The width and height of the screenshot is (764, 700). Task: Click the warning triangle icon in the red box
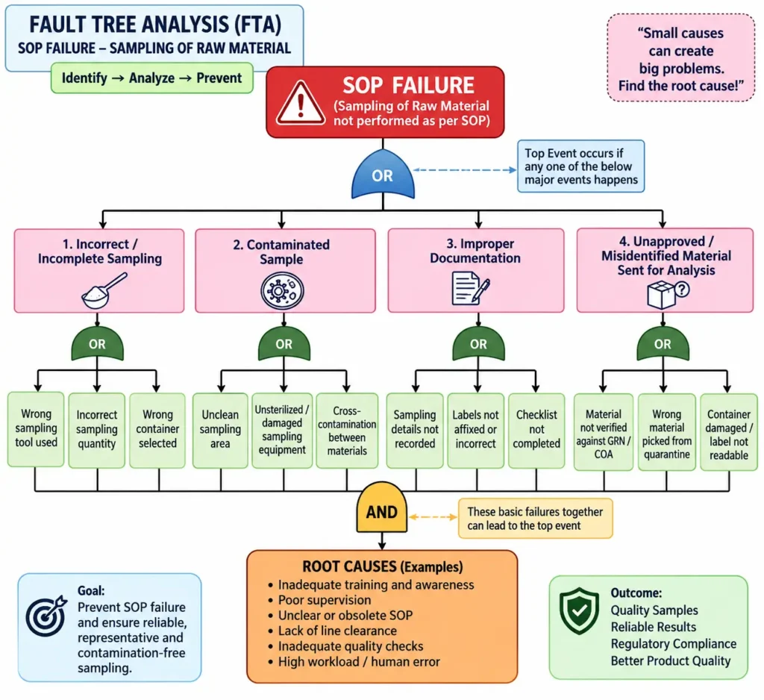(x=301, y=103)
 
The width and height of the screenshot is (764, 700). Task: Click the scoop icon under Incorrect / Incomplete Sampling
(x=104, y=290)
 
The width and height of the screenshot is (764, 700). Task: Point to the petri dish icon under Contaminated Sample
(x=283, y=291)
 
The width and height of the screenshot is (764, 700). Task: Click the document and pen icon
(x=470, y=289)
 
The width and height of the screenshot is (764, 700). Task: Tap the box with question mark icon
(x=668, y=295)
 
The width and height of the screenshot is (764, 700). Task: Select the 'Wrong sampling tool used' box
(x=36, y=429)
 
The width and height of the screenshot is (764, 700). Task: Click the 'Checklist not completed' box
(x=536, y=430)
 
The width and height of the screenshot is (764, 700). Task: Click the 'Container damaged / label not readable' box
(x=729, y=432)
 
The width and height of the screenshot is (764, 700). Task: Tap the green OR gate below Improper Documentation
(x=478, y=344)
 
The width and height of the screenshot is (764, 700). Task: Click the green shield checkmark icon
(x=579, y=610)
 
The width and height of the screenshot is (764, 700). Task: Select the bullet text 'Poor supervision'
(x=325, y=600)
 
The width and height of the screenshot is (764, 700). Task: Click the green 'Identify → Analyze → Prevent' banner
(x=152, y=78)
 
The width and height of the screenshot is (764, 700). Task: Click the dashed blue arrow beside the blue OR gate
(x=465, y=170)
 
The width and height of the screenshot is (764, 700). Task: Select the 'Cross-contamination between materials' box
(x=347, y=431)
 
